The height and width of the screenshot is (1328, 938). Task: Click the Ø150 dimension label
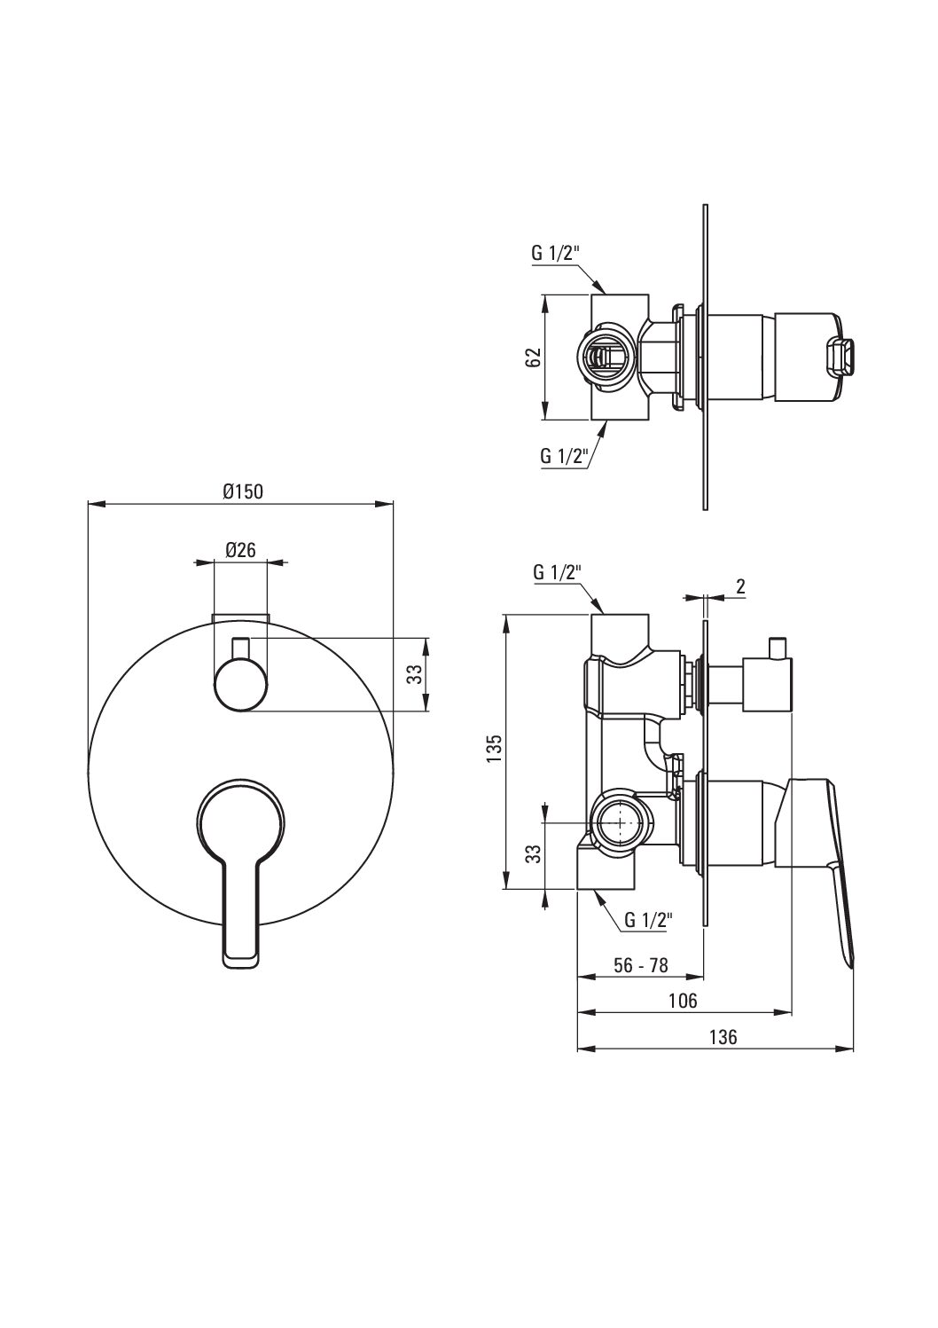tap(243, 491)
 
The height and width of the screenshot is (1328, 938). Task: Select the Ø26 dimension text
tap(240, 550)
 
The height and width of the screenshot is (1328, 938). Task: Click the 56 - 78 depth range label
tap(640, 966)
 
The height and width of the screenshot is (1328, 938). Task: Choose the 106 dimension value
tap(684, 1002)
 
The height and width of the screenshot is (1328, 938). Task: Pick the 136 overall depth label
tap(723, 1037)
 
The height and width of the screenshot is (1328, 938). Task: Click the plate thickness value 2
tap(740, 586)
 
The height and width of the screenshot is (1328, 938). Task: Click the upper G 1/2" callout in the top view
tap(555, 253)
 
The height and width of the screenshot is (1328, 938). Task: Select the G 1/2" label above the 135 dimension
tap(557, 573)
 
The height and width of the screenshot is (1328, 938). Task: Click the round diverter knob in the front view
tap(240, 685)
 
